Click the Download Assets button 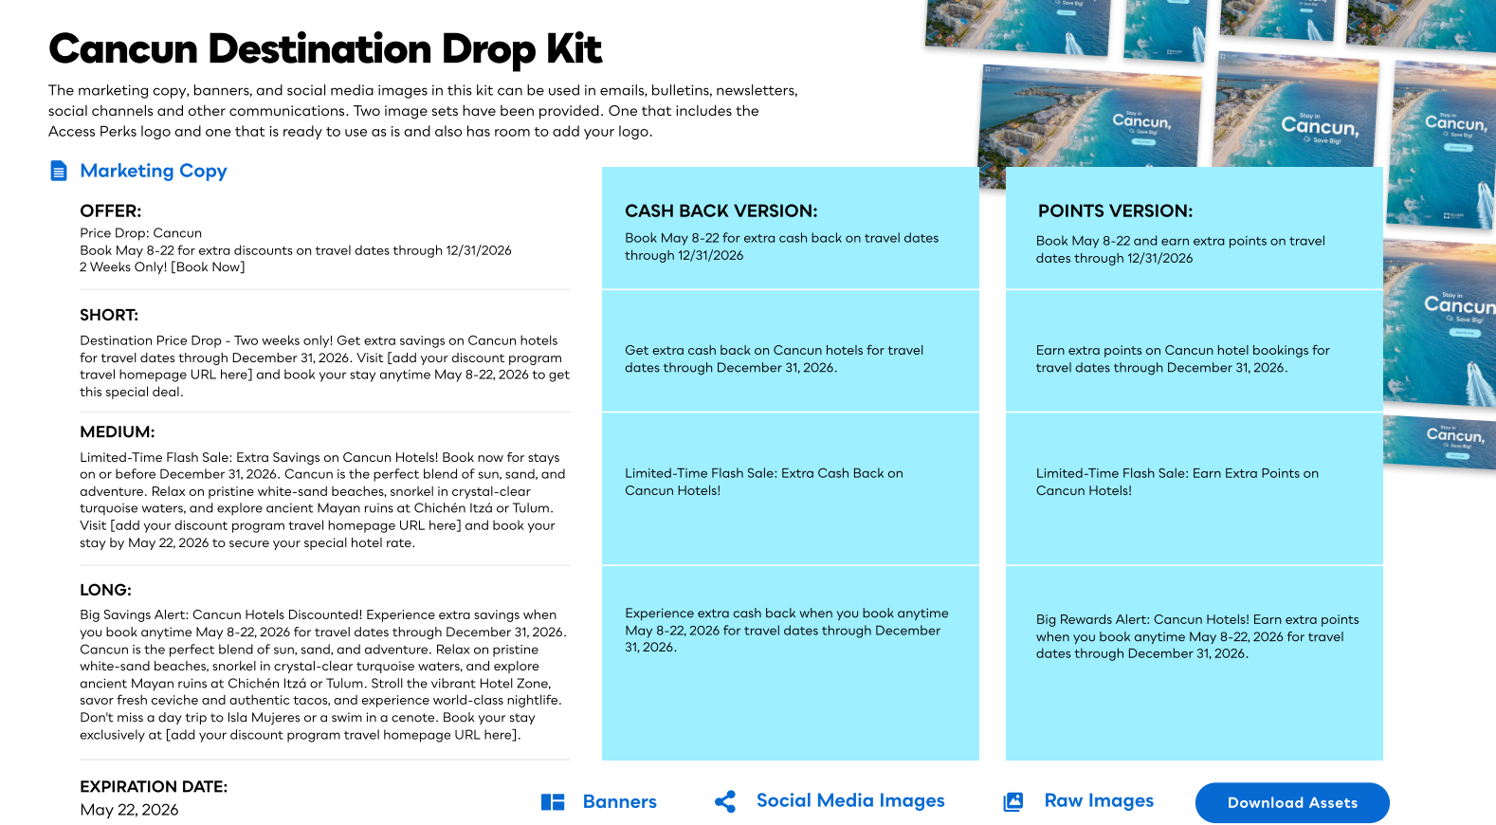(1292, 802)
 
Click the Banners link (619, 801)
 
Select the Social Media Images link (850, 800)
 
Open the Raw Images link (1099, 800)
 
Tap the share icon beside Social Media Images (725, 801)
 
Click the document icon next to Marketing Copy (59, 171)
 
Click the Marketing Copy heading (154, 171)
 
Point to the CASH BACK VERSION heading (721, 211)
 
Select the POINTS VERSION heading (1115, 211)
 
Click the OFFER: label (110, 211)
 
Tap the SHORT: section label (109, 315)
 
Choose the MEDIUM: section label (117, 431)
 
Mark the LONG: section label (105, 590)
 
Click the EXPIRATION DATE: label (154, 786)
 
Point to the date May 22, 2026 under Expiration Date (129, 810)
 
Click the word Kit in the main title (574, 49)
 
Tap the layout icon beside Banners (553, 802)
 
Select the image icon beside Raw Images (1013, 802)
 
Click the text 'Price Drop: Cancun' (140, 233)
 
